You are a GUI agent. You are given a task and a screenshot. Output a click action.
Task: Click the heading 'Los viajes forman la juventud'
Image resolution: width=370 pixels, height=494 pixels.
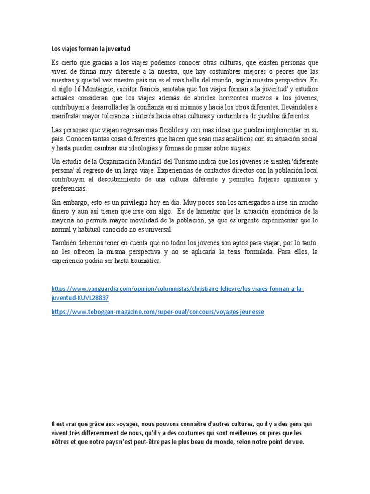tap(91, 49)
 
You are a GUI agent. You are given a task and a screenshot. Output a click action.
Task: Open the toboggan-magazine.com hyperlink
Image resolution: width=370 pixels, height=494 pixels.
tap(158, 312)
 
